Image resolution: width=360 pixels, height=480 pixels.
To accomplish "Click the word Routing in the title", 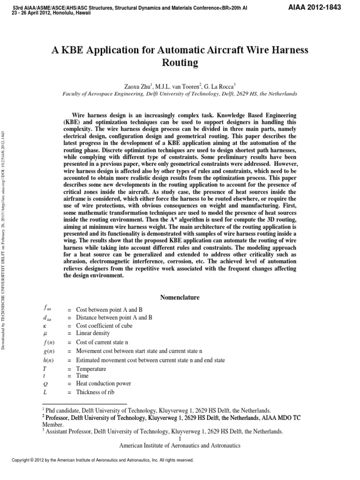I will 180,63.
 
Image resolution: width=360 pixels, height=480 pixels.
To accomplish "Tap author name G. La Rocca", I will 222,86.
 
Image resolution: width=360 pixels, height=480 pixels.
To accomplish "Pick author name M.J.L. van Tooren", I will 177,86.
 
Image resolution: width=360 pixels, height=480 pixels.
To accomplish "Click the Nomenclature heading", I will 180,298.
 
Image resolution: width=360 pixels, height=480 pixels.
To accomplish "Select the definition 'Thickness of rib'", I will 95,392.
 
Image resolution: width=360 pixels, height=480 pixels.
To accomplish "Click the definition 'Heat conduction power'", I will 103,383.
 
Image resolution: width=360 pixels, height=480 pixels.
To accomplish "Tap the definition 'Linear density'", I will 93,333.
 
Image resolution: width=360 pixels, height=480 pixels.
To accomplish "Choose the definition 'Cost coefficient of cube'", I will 105,325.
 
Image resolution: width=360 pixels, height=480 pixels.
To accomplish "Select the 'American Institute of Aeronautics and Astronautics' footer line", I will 180,445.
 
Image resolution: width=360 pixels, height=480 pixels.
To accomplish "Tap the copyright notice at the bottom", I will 103,460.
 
